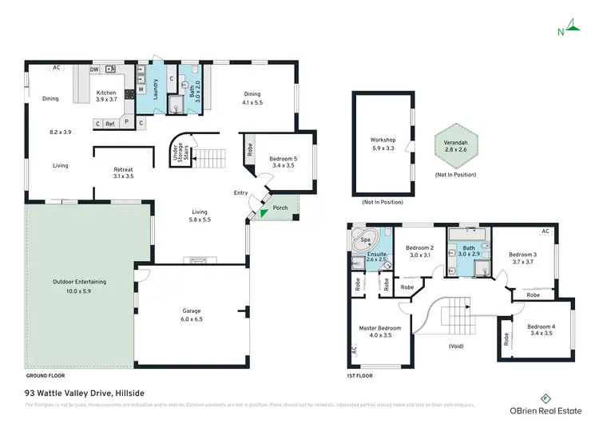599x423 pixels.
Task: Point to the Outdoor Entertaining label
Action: pos(79,282)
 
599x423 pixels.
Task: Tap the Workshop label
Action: pos(383,140)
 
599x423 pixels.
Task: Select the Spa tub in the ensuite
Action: pos(366,239)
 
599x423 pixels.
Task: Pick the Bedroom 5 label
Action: pos(283,159)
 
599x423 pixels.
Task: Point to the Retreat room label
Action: pos(123,169)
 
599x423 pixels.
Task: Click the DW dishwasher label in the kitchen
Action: pos(93,69)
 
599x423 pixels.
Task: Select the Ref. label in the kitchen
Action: pos(110,124)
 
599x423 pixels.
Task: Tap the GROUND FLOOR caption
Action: pos(45,374)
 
